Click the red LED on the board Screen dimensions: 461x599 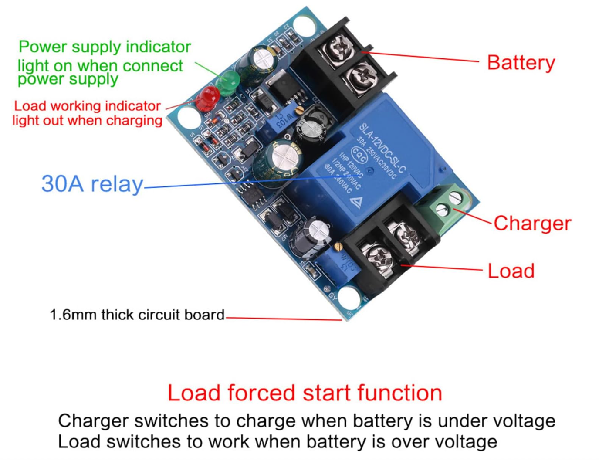pos(207,98)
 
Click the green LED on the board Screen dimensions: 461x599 pos(227,83)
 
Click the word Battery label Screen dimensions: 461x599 pos(521,63)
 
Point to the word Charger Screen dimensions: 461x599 pos(532,223)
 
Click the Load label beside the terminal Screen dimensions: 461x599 pos(511,271)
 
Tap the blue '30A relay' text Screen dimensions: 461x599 pos(92,184)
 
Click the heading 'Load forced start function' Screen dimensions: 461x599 pos(305,393)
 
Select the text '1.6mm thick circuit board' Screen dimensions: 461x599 pos(137,315)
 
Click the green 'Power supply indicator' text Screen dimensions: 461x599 pos(105,47)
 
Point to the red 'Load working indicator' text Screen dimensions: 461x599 pos(87,106)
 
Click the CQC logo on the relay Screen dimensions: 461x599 pos(359,154)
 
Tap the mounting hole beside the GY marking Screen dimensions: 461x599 pos(349,298)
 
